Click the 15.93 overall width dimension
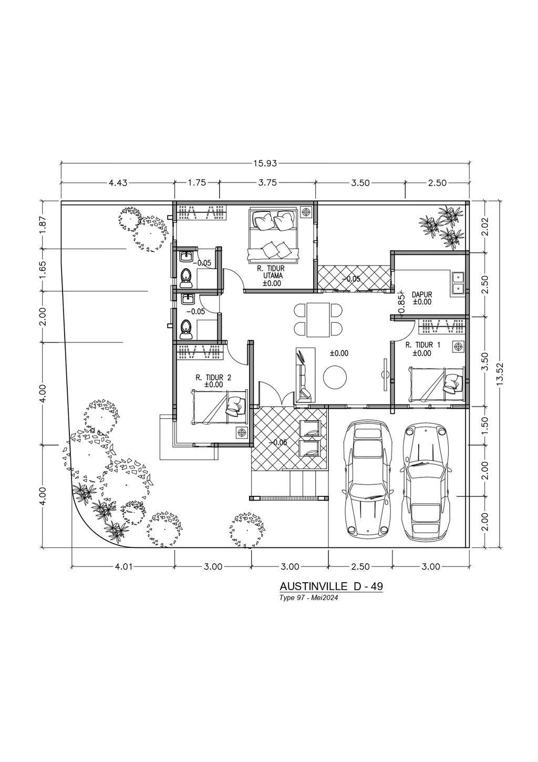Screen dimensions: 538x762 265,163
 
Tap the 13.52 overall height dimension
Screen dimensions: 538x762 499,373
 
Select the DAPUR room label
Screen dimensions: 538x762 422,294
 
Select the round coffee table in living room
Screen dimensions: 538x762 335,376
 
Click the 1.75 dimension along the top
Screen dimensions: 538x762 197,182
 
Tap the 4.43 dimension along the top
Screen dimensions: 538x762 118,182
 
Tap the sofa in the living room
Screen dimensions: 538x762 306,374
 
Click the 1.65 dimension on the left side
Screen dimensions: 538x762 43,270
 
